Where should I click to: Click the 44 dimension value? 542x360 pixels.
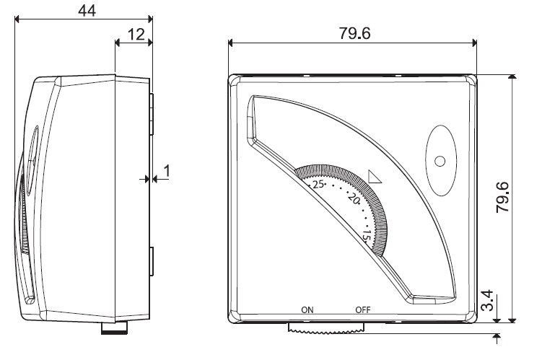point(87,10)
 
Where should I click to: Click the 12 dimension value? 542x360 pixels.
point(136,34)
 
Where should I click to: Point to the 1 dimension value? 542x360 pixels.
point(167,171)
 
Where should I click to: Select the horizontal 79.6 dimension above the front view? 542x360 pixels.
point(354,33)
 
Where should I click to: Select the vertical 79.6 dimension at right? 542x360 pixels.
point(502,197)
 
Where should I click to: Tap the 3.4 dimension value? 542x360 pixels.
point(487,301)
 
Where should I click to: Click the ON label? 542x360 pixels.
point(307,310)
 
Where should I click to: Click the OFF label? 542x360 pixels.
point(363,310)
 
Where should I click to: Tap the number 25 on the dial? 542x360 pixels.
point(318,184)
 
